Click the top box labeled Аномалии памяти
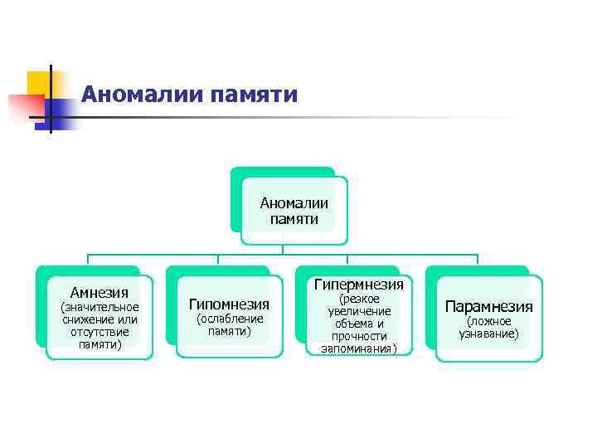pos(294,211)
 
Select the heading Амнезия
pos(99,292)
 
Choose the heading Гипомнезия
pos(229,304)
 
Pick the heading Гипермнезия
pos(359,285)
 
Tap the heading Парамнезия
pos(488,306)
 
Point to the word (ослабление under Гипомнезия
pos(229,319)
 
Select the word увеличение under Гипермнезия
pos(359,311)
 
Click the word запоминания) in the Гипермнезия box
pos(359,348)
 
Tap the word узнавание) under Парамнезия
pos(488,334)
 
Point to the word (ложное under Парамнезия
pos(488,321)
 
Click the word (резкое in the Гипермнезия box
pos(359,299)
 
